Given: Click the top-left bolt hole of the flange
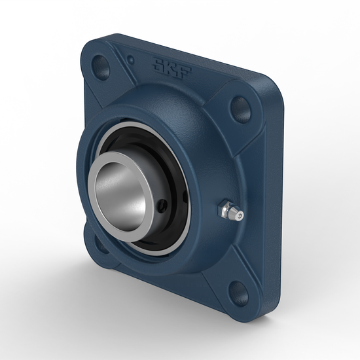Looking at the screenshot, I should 103,65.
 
